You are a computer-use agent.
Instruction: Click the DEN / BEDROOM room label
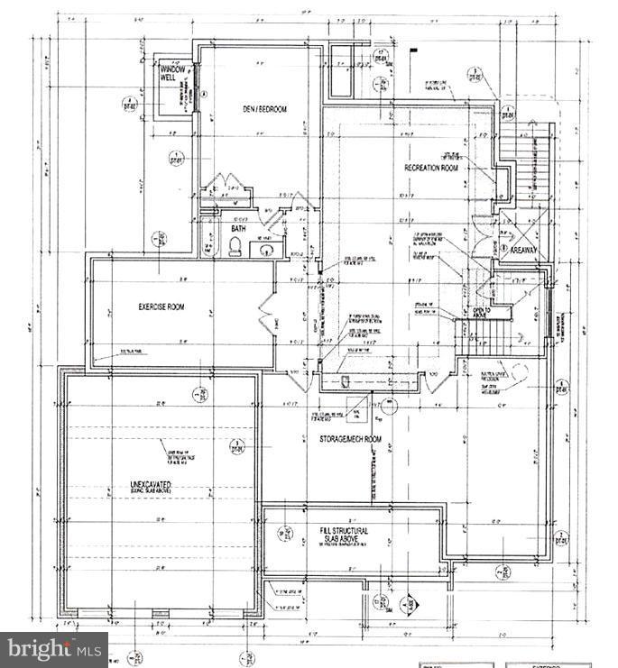(266, 109)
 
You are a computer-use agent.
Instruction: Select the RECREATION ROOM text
(430, 169)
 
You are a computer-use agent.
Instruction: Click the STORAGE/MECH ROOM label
(349, 439)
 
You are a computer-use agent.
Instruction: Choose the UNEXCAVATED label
(151, 487)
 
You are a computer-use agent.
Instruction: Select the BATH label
(237, 229)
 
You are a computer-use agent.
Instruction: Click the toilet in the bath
(235, 248)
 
